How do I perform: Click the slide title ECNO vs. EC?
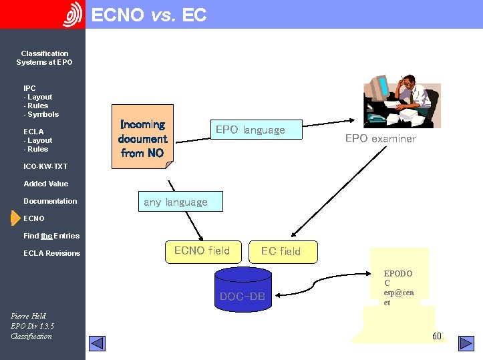[148, 15]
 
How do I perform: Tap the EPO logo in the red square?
[72, 15]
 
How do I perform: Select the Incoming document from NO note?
[142, 137]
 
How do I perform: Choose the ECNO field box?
[202, 251]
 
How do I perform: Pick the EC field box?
[281, 252]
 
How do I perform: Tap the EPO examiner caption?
[380, 139]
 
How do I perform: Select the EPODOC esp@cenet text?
[398, 288]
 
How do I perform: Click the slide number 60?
[436, 336]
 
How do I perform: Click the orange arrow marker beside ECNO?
[15, 218]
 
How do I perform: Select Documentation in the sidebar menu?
[50, 201]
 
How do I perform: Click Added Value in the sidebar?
[45, 184]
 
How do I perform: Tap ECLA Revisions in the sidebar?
[51, 253]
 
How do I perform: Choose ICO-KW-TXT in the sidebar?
[45, 166]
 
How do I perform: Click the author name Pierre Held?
[28, 316]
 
